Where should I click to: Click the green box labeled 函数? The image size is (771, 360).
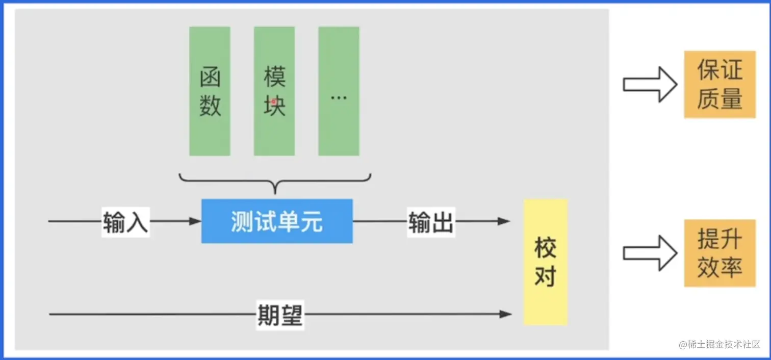[210, 91]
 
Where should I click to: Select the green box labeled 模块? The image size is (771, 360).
[274, 91]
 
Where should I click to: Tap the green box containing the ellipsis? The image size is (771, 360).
[339, 91]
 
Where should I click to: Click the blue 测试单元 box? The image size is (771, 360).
[277, 221]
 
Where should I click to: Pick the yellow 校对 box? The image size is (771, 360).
[545, 262]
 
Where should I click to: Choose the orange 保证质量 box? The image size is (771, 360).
[719, 85]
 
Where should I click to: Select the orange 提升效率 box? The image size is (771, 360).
[719, 253]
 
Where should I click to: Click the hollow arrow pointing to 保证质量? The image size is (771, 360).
[650, 84]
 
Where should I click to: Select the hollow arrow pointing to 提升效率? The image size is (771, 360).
[650, 253]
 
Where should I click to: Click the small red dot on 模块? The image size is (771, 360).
[274, 101]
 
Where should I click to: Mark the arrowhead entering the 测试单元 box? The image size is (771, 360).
[195, 221]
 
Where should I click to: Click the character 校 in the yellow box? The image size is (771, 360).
[545, 248]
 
